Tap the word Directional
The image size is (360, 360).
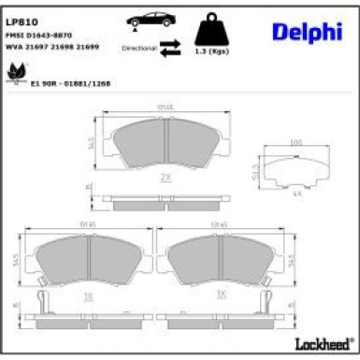137,45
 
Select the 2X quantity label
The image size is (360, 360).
165,175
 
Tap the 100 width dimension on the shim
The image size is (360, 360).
295,141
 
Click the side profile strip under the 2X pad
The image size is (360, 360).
165,200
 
